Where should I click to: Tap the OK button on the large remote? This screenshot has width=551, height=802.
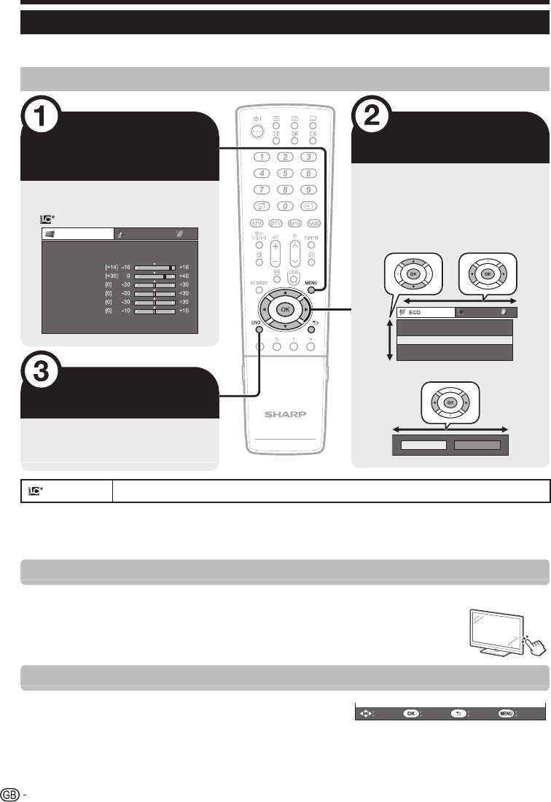click(284, 308)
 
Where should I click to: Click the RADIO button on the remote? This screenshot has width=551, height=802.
click(313, 222)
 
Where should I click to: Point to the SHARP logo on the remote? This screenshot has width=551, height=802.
click(285, 413)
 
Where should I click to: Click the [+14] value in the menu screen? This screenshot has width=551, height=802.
click(110, 268)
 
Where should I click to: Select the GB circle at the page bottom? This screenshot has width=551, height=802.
click(10, 792)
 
